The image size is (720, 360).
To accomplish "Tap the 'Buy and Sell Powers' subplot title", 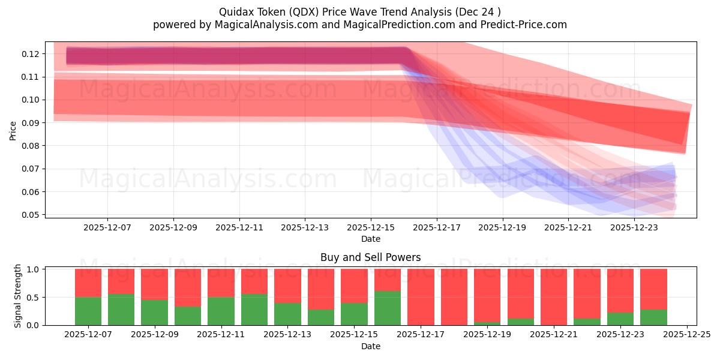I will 370,257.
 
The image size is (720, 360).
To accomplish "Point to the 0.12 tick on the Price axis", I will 35,54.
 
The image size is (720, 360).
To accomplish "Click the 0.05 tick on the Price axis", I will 35,215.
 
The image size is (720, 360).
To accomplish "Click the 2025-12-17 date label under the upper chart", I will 436,228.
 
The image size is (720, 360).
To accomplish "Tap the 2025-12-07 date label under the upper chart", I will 107,228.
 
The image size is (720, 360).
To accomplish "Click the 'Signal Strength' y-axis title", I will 18,296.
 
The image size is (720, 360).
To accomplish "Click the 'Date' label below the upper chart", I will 370,239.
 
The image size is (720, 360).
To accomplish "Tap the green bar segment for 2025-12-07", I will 88,311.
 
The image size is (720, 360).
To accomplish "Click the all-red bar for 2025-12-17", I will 421,297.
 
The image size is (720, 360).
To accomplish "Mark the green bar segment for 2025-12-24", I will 653,317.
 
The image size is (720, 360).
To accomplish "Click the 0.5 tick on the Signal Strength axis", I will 35,298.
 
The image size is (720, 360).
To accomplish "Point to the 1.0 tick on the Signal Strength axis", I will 35,269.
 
